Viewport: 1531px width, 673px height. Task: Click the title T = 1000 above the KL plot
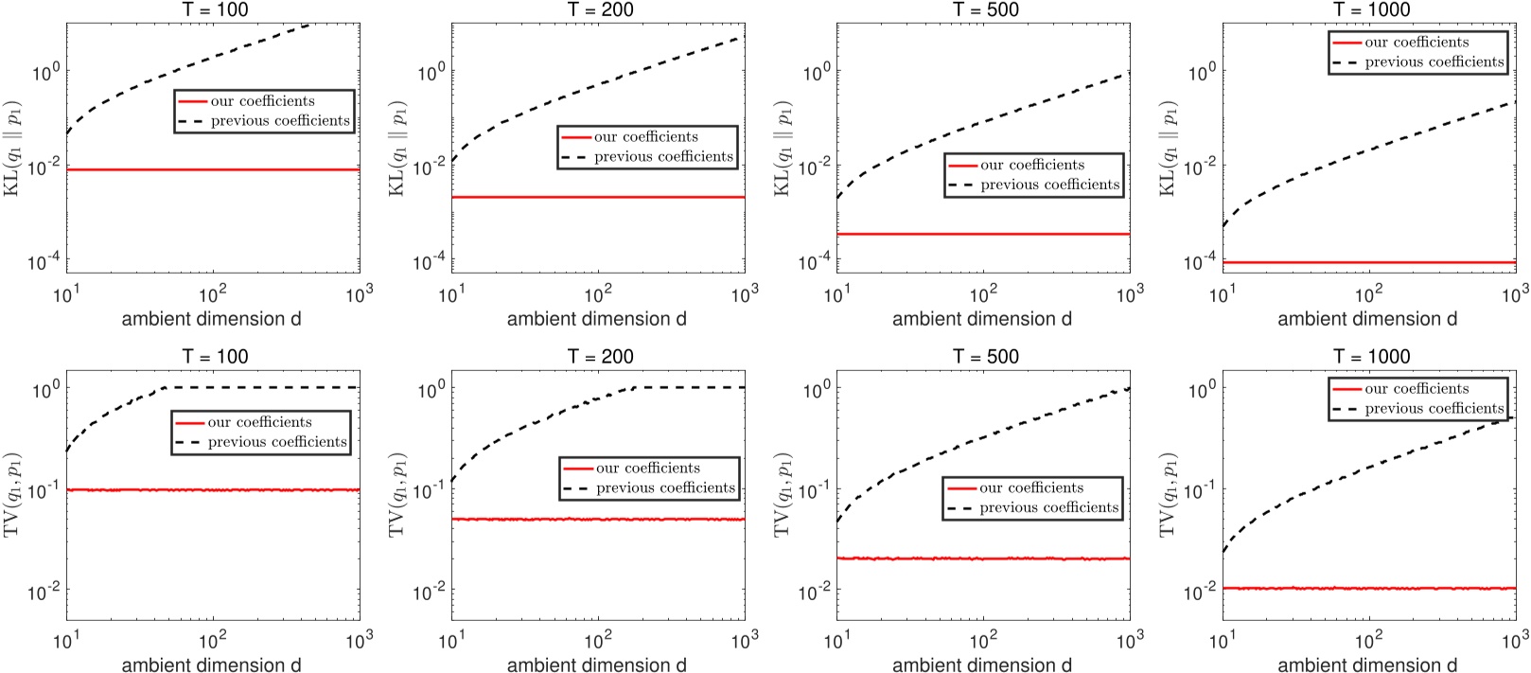(x=1371, y=9)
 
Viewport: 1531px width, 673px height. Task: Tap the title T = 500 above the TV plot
(x=985, y=357)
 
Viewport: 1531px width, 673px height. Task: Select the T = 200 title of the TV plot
(x=600, y=357)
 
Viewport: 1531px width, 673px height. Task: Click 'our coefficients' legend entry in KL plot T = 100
(x=262, y=101)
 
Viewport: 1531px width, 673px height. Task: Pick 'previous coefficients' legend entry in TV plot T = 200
(x=664, y=488)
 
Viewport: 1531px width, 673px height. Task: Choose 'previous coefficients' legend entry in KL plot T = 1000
(x=1434, y=62)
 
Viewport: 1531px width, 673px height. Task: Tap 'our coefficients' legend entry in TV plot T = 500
(x=1030, y=488)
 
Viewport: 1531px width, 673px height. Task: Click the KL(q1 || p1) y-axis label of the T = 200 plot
(x=398, y=148)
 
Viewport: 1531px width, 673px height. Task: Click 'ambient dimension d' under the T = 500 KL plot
(x=981, y=319)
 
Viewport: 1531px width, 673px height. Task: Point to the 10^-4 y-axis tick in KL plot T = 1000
(x=1201, y=261)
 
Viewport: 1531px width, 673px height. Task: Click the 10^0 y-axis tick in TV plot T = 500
(x=815, y=387)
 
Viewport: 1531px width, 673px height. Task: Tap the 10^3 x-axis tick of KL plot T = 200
(x=744, y=293)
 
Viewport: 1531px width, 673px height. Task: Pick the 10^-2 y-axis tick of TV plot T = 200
(x=430, y=593)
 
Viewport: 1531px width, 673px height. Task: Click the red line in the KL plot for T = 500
(x=984, y=234)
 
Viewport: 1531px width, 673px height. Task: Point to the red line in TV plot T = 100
(x=213, y=489)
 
